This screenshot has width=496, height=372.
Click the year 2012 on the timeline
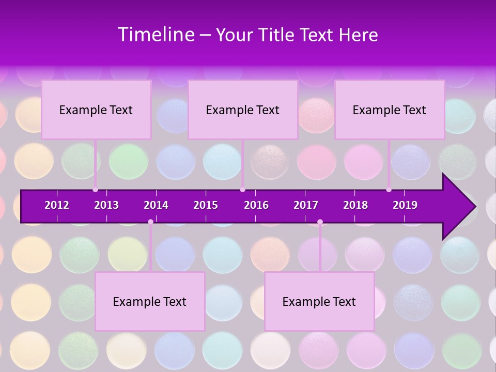tap(57, 205)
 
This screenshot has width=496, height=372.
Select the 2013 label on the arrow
tap(106, 205)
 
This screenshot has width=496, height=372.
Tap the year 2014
tap(156, 205)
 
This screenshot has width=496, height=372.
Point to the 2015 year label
tap(206, 205)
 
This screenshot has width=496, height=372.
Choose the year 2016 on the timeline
tap(256, 205)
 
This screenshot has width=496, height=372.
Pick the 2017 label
tap(306, 205)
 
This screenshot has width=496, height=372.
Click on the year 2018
tap(355, 205)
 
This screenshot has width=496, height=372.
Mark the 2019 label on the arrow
tap(405, 205)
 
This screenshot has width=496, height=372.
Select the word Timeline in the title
tap(156, 35)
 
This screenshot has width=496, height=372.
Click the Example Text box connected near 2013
tap(96, 110)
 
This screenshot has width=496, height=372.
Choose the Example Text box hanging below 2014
tap(150, 301)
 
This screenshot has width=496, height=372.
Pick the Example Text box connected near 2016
tap(243, 110)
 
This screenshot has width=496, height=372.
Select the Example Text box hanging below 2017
tap(319, 301)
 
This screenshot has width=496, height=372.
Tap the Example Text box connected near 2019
tap(390, 110)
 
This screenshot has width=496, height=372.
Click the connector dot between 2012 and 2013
tap(95, 190)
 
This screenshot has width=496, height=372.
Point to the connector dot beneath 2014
tap(150, 222)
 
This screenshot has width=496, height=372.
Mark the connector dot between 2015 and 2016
tap(242, 190)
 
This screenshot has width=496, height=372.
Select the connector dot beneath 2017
tap(320, 222)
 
